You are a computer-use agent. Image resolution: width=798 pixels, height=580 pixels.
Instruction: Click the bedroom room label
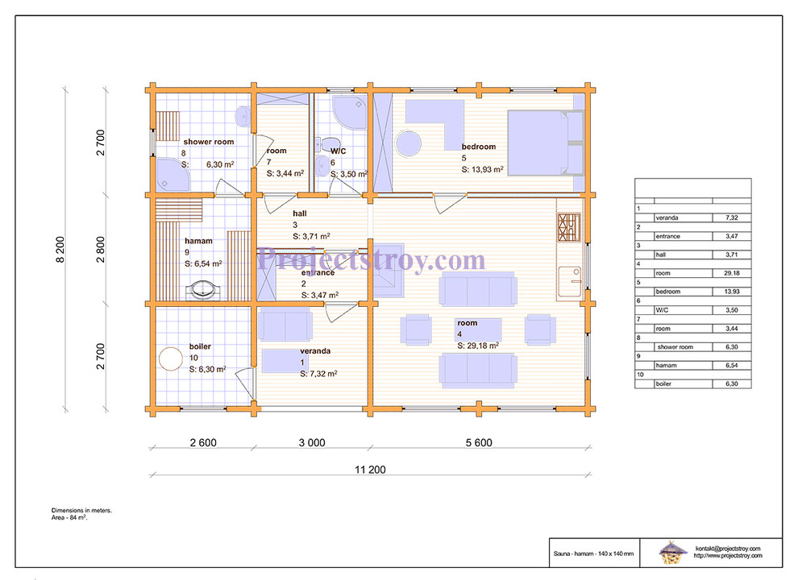[478, 147]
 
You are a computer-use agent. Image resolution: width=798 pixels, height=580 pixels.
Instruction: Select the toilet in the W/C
[330, 144]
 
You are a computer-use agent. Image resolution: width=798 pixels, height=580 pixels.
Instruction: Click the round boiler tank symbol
[171, 358]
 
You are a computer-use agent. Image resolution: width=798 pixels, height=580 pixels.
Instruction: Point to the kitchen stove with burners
[569, 227]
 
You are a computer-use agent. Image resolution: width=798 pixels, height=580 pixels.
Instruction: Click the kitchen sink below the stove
[570, 281]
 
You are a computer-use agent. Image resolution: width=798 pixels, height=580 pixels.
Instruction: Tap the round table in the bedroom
[409, 143]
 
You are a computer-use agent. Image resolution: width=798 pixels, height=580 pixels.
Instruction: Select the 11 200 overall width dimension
[370, 470]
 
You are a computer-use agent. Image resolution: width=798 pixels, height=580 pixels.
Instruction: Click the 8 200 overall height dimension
[60, 249]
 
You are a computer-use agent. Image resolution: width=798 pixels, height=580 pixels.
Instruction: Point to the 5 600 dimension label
[479, 442]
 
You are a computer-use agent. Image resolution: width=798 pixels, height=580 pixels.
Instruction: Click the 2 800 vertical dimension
[100, 249]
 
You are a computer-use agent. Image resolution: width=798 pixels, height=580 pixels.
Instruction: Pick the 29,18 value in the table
[731, 273]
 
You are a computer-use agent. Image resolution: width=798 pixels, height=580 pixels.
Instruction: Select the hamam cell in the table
[683, 365]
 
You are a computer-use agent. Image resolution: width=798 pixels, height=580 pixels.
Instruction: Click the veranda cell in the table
[683, 217]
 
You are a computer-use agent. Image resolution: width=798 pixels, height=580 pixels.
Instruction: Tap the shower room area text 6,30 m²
[220, 164]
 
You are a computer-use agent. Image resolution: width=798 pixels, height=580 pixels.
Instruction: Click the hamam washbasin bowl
[204, 289]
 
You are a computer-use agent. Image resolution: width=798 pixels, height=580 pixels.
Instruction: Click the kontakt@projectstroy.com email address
[728, 549]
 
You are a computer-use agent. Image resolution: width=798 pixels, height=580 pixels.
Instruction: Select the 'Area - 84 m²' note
[69, 517]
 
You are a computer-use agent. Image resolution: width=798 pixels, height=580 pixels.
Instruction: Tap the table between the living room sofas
[478, 329]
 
